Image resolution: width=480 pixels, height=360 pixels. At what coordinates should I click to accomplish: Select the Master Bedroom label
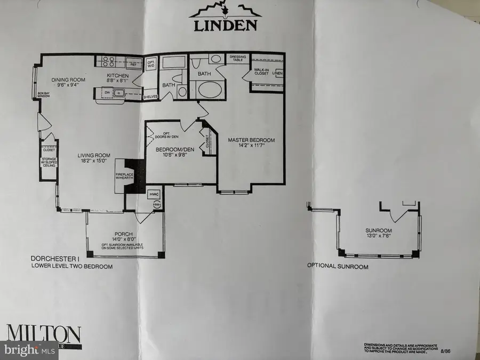tap(251, 140)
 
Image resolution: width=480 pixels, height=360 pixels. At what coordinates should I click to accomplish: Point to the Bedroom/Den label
tap(173, 151)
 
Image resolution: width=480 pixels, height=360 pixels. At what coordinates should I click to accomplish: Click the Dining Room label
tap(68, 79)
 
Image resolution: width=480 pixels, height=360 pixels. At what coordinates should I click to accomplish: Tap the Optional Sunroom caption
tap(337, 266)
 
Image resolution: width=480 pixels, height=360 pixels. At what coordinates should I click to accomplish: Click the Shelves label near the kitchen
tap(151, 97)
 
